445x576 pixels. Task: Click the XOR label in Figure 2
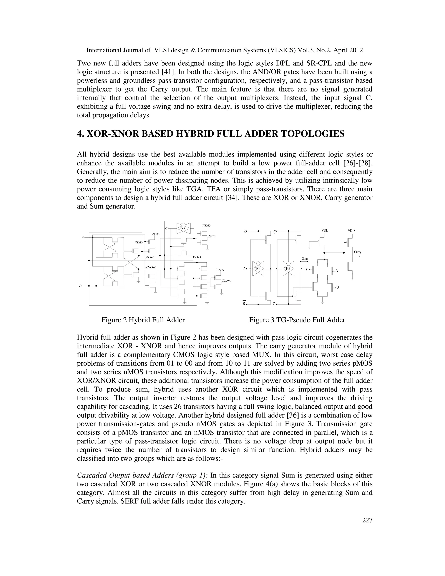pos(150,257)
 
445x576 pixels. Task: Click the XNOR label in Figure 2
pos(150,267)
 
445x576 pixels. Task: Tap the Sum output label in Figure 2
pos(212,236)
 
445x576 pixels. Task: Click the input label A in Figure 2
pos(83,237)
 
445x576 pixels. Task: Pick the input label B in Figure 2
pos(80,286)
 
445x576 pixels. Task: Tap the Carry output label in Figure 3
pos(357,252)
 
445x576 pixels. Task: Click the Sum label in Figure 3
pos(305,259)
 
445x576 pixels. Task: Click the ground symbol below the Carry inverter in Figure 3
pos(352,279)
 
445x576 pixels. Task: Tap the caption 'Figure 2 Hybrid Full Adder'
pos(143,320)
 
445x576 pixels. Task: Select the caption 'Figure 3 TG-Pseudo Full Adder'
pos(297,320)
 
